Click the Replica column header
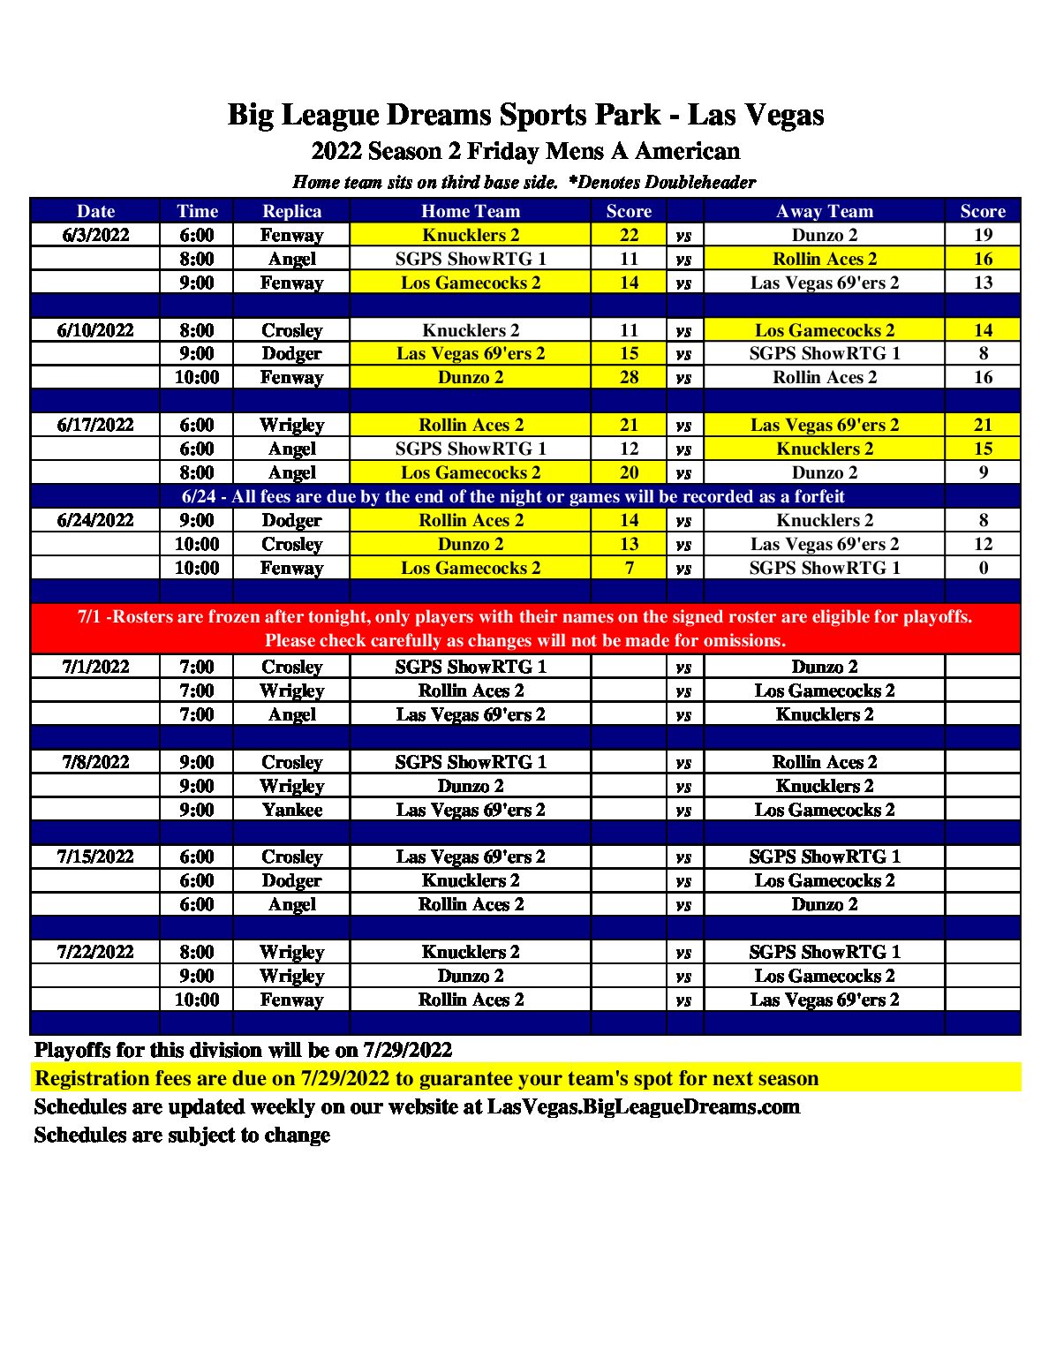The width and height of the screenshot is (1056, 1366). [x=291, y=211]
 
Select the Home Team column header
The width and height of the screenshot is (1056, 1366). [x=470, y=211]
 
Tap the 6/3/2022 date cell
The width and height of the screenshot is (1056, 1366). [x=95, y=235]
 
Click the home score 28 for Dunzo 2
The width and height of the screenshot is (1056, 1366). [x=629, y=377]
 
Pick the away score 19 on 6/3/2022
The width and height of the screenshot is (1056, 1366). [x=983, y=235]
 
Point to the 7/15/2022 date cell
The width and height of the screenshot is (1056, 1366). [x=95, y=857]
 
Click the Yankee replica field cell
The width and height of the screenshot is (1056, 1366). [x=291, y=810]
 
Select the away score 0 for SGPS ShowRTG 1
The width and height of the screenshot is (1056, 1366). [x=983, y=568]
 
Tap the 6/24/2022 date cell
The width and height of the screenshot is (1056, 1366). [x=95, y=520]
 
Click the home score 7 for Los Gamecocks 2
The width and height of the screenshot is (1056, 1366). [x=629, y=568]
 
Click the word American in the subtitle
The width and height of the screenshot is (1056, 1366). [x=687, y=151]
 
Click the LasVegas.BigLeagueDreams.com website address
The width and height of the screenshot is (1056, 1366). [x=643, y=1107]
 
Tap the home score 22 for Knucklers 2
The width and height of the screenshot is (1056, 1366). [x=629, y=235]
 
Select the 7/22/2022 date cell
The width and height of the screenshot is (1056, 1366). [x=95, y=952]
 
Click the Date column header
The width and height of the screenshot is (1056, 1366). [x=95, y=211]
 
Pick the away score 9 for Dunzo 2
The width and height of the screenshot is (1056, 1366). [x=983, y=472]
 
